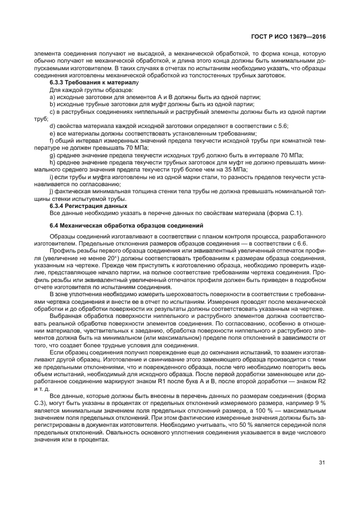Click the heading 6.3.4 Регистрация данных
[x=88, y=205]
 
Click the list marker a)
[x=52, y=96]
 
